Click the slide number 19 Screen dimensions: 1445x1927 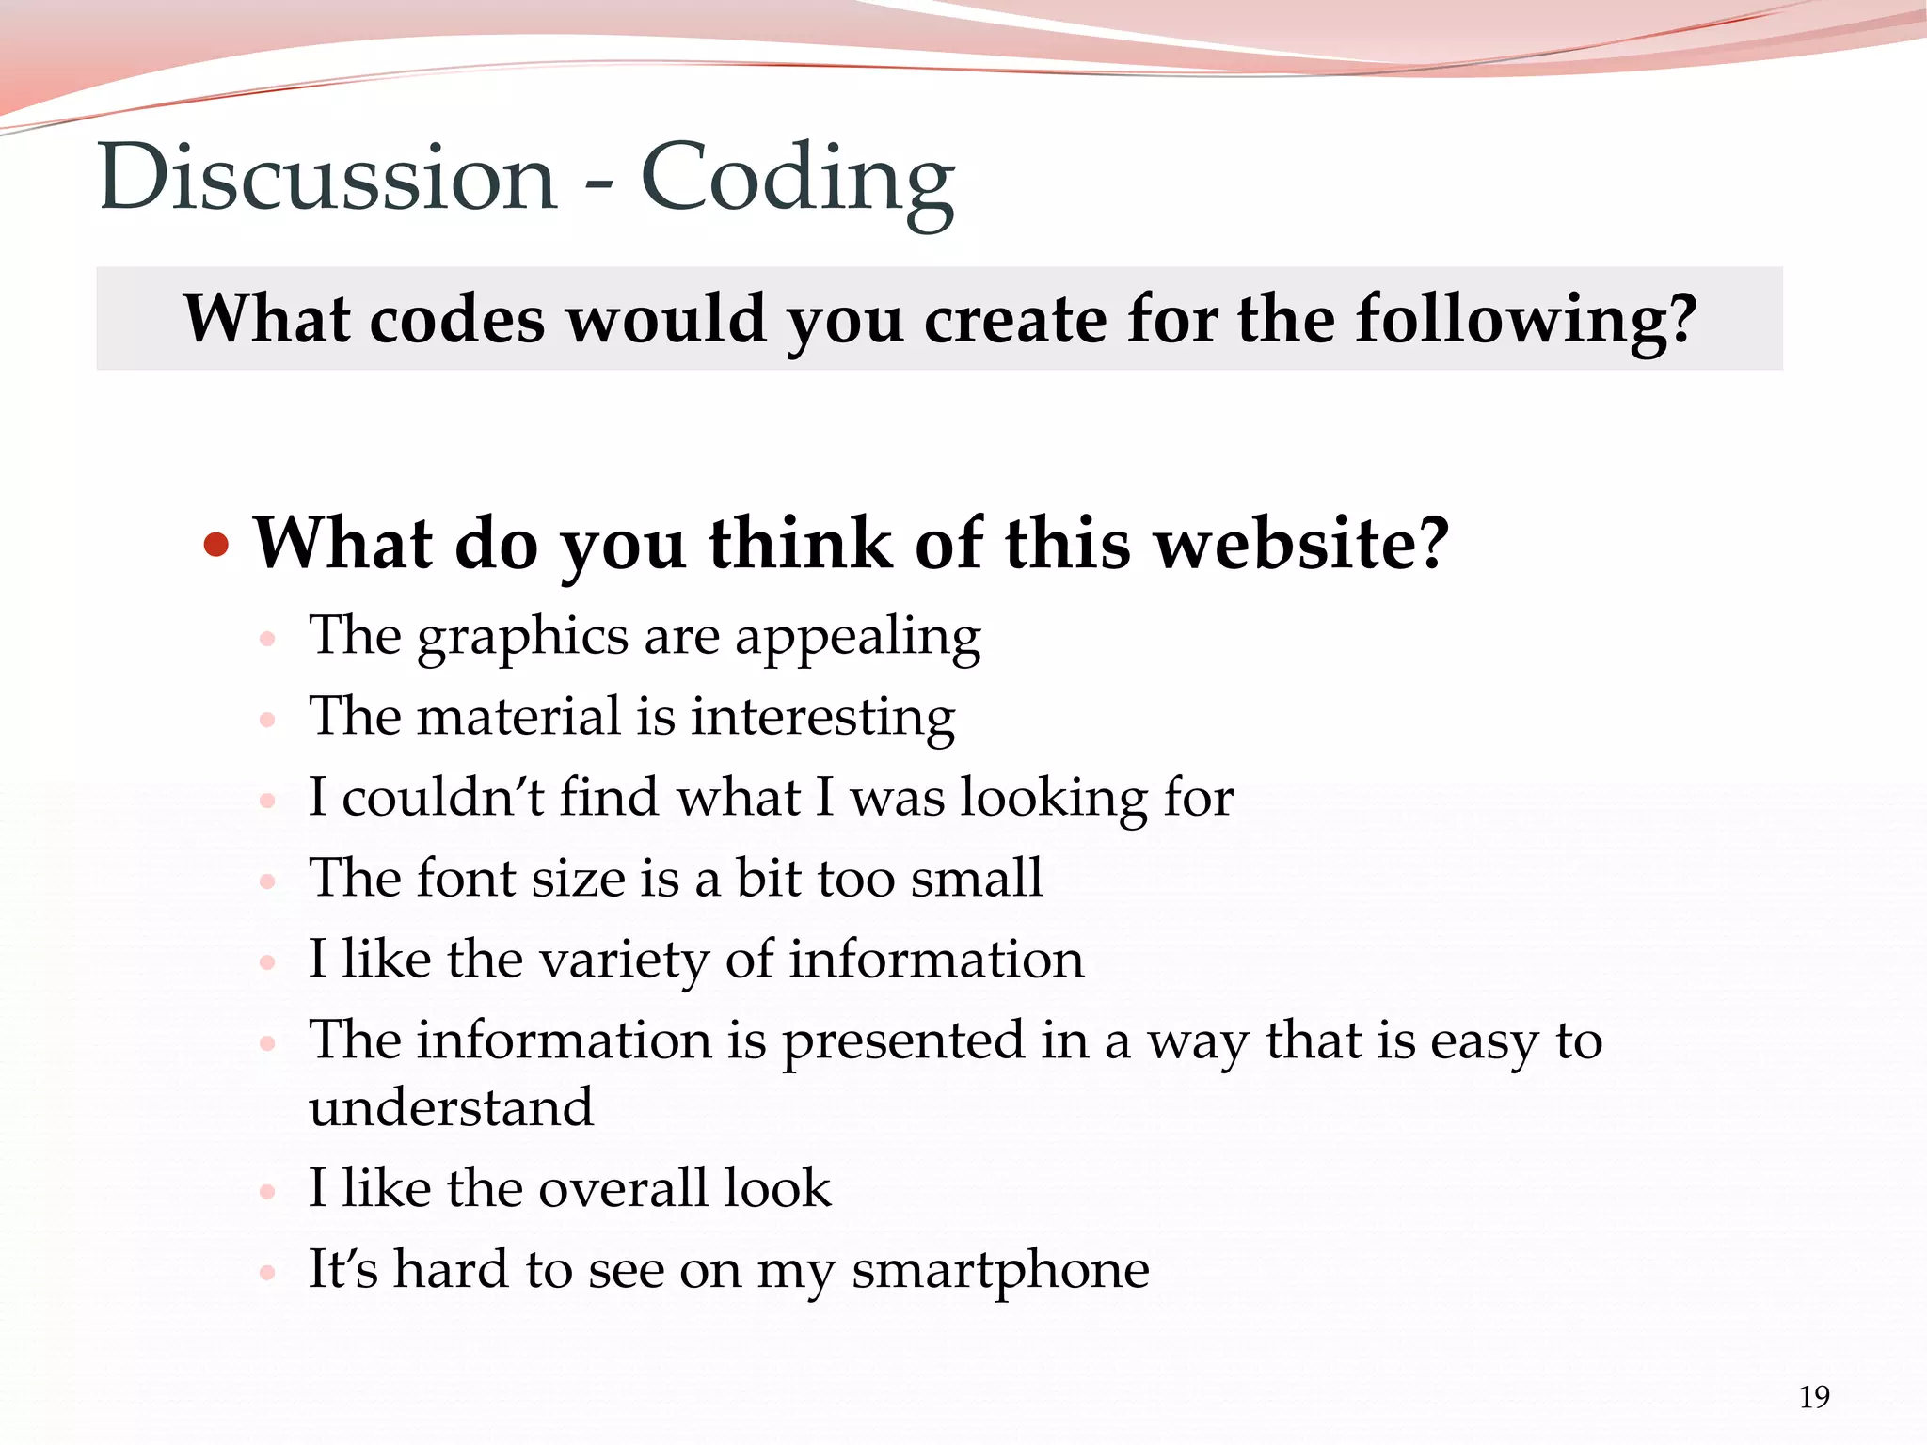(1814, 1397)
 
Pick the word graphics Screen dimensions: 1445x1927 (522, 637)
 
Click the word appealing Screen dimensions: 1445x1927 (857, 639)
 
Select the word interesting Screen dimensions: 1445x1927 (823, 718)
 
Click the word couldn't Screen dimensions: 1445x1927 (442, 798)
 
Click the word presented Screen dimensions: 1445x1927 (903, 1041)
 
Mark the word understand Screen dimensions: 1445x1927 (452, 1107)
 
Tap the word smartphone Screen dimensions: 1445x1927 (1000, 1271)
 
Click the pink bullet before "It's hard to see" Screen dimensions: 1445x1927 (267, 1273)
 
